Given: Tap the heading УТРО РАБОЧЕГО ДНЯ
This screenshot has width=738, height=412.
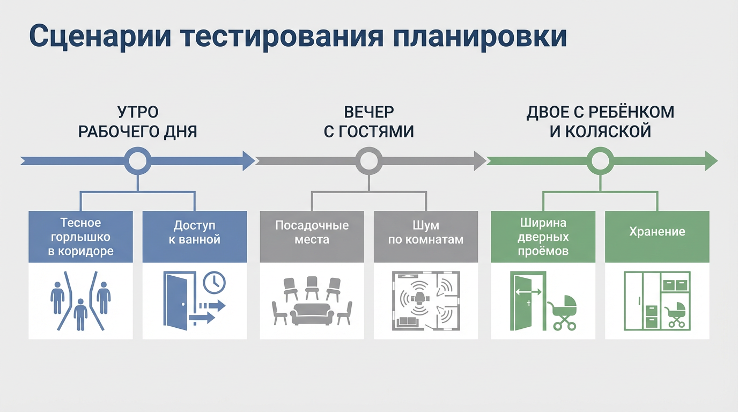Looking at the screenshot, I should (138, 122).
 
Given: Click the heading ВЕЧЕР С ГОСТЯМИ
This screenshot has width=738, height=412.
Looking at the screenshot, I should (368, 122).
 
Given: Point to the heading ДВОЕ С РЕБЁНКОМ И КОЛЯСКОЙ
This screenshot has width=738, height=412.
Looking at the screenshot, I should (600, 122).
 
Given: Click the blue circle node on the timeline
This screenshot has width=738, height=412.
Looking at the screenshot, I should (138, 160).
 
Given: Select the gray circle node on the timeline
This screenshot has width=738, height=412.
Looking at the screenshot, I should (368, 160).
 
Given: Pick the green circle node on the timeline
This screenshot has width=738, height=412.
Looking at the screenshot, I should (600, 160).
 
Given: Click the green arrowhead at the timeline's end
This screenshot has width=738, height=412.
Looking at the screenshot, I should (711, 160).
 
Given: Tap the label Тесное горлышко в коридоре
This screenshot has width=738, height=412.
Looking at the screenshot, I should (80, 237).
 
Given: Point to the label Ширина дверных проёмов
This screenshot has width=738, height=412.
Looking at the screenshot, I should (543, 237).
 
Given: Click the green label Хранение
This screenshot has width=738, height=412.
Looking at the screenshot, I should (657, 232).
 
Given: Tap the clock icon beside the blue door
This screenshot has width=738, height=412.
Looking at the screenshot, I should (215, 282).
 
